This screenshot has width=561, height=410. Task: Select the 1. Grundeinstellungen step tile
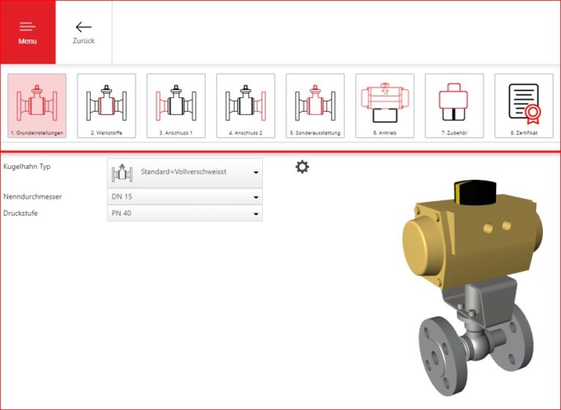pyautogui.click(x=37, y=106)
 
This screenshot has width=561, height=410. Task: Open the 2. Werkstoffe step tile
pyautogui.click(x=107, y=106)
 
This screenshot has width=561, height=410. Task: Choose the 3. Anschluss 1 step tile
pyautogui.click(x=176, y=106)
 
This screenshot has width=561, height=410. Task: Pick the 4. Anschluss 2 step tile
pyautogui.click(x=245, y=106)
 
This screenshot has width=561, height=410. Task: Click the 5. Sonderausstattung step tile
pyautogui.click(x=315, y=106)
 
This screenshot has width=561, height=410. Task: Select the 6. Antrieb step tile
pyautogui.click(x=385, y=106)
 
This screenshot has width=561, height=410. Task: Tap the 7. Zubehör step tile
pyautogui.click(x=454, y=106)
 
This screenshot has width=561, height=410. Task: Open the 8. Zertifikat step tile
pyautogui.click(x=524, y=106)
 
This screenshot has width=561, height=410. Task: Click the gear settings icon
pyautogui.click(x=302, y=167)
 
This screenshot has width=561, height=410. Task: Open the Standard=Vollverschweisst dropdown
pyautogui.click(x=185, y=172)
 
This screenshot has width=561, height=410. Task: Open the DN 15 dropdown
pyautogui.click(x=185, y=197)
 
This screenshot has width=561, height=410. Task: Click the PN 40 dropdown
pyautogui.click(x=185, y=213)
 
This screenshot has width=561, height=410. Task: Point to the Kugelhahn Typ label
pyautogui.click(x=27, y=167)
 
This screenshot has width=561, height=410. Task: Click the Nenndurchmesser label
pyautogui.click(x=33, y=197)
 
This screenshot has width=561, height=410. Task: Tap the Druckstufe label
pyautogui.click(x=20, y=213)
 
